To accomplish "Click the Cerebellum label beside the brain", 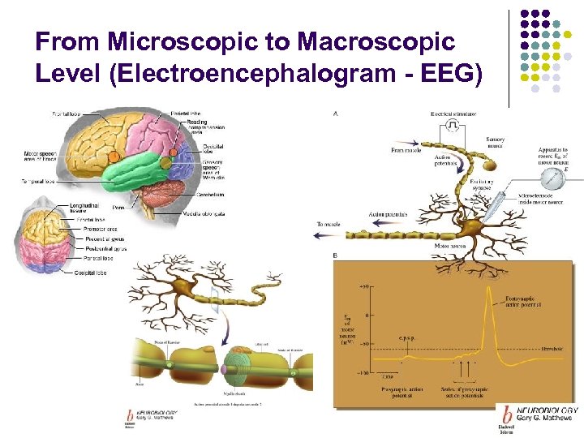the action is click(x=210, y=195).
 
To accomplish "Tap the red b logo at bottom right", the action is click(x=507, y=414).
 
